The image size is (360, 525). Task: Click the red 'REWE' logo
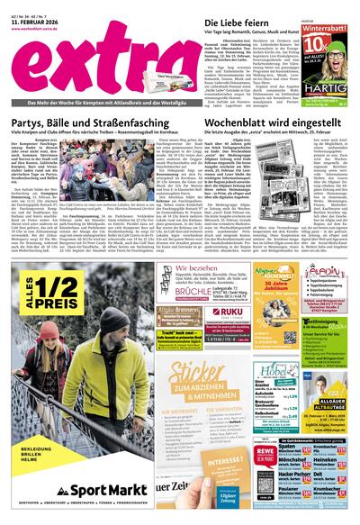[262, 453]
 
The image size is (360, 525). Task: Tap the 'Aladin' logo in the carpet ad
[324, 272]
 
